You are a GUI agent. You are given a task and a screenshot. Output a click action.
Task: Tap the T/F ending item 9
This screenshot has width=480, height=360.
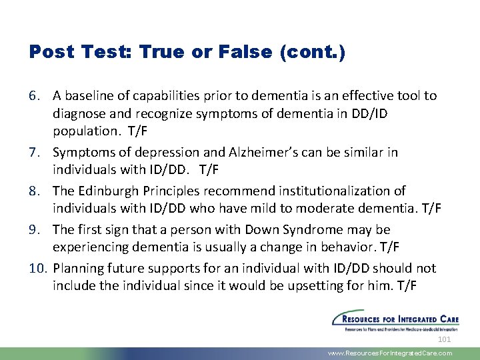tap(389, 246)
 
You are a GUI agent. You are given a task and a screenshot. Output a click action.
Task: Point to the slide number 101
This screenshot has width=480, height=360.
tap(445, 340)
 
